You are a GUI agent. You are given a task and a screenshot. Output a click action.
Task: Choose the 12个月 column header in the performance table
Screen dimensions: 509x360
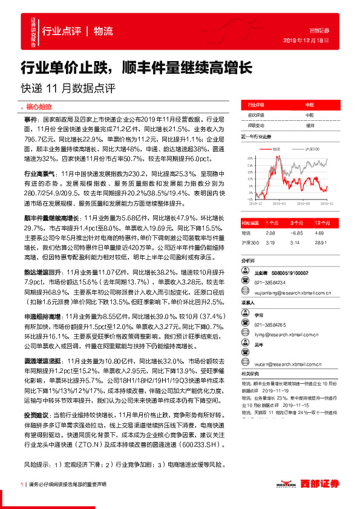coord(322,222)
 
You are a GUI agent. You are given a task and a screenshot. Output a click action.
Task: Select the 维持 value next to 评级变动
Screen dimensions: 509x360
coord(310,125)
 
